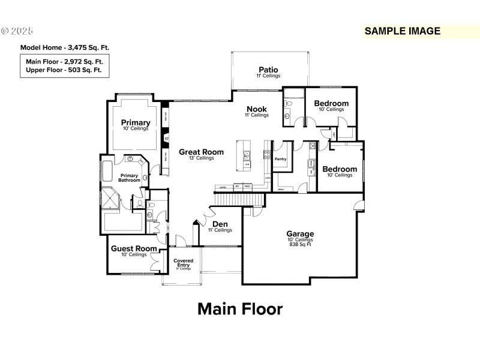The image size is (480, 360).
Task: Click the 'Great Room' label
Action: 201,152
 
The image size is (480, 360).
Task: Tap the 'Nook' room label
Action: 256,109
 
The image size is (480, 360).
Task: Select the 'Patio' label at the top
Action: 268,70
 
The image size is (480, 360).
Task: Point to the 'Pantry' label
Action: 280,160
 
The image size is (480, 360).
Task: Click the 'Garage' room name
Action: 300,233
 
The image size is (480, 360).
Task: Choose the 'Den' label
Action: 220,224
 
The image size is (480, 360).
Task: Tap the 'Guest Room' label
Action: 134,248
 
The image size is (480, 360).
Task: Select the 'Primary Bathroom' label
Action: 128,178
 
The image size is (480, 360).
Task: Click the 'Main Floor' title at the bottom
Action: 239,309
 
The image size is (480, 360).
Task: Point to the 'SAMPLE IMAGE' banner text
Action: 403,31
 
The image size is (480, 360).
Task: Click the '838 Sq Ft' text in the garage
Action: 300,245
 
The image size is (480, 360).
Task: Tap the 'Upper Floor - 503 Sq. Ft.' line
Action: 64,70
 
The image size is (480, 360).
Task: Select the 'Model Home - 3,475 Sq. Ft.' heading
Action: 65,47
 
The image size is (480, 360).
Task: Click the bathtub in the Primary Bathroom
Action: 107,171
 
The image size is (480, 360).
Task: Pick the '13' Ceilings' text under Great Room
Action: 201,158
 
